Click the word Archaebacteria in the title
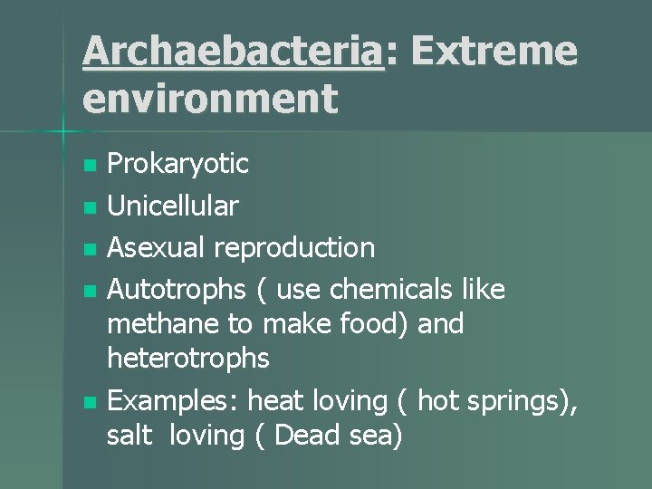(x=232, y=52)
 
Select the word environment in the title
(x=210, y=98)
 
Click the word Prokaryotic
(x=177, y=165)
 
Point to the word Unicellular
(x=173, y=206)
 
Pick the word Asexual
(x=150, y=247)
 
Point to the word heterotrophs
(x=188, y=359)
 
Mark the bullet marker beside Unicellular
(x=88, y=207)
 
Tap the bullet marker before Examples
(x=88, y=401)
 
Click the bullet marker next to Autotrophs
(x=88, y=291)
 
